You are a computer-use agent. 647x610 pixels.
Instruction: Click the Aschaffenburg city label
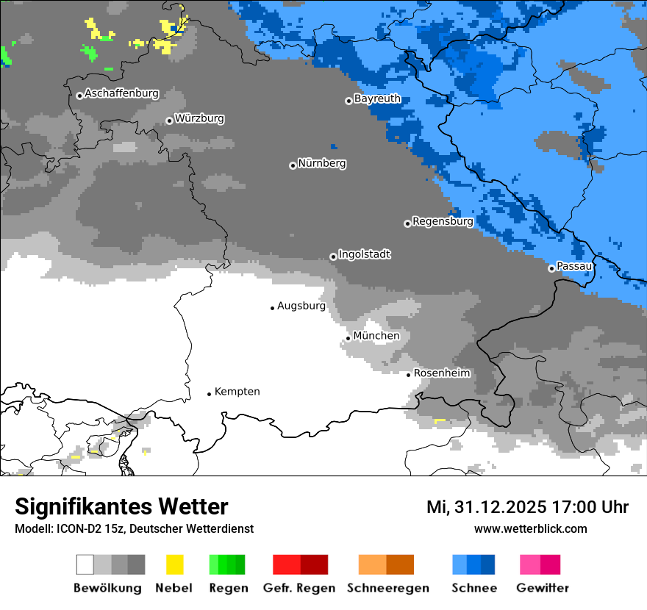(121, 93)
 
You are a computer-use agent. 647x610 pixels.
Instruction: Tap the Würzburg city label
(199, 118)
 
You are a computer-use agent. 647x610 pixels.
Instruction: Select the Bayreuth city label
(377, 98)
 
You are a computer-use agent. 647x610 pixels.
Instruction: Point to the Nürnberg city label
(321, 163)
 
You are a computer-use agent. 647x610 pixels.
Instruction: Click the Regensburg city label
(443, 221)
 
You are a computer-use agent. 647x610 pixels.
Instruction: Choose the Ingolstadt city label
(364, 254)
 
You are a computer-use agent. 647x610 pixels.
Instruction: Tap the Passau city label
(573, 266)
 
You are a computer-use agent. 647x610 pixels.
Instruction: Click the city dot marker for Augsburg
(272, 308)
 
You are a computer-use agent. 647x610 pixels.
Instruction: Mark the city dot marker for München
(348, 338)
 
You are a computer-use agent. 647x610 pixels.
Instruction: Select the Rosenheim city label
(441, 373)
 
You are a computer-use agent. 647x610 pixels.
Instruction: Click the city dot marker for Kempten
(210, 394)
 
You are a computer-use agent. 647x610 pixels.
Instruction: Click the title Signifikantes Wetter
(121, 507)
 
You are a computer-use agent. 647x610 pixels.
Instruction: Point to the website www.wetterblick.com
(530, 528)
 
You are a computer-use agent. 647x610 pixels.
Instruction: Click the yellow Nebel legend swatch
(174, 564)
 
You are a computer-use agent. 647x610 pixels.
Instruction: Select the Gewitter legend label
(542, 588)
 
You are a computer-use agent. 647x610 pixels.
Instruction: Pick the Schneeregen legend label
(387, 588)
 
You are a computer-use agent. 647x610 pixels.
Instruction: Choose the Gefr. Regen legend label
(299, 588)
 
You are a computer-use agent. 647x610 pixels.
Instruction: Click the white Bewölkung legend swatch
(85, 564)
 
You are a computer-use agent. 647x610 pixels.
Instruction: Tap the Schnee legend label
(474, 588)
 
